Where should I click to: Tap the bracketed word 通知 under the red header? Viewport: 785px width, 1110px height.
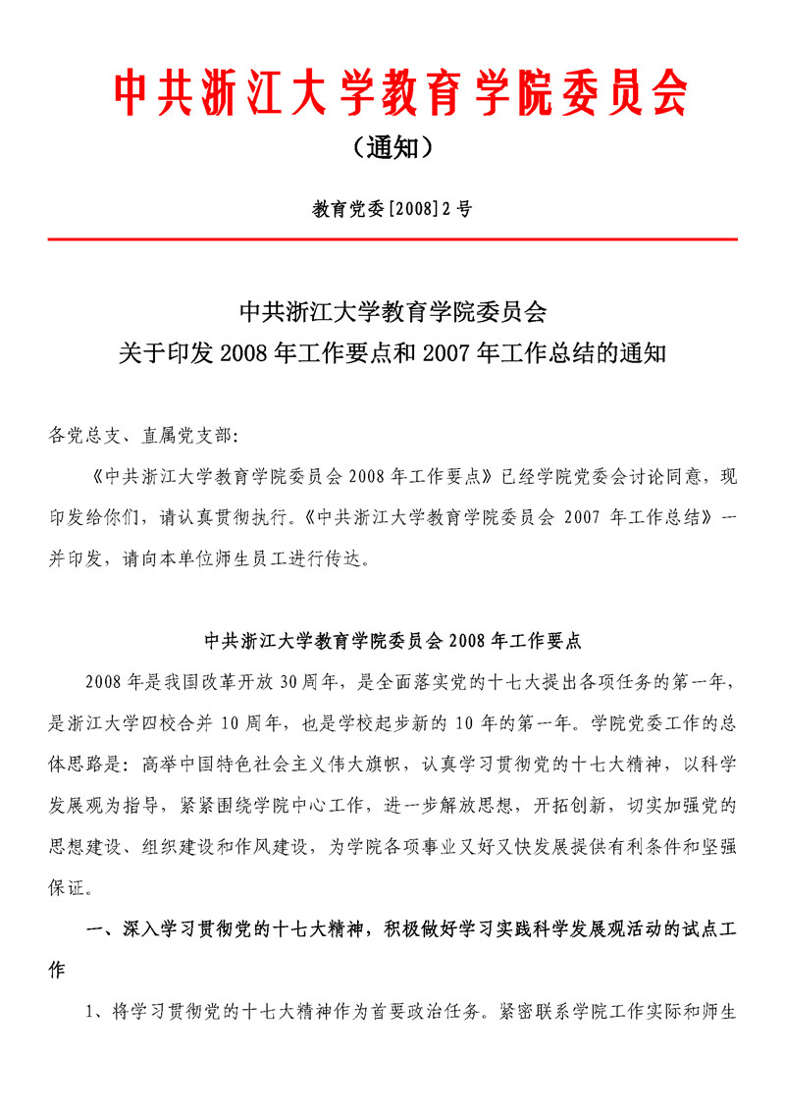coord(392,148)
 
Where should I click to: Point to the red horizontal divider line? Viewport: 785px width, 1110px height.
coord(392,238)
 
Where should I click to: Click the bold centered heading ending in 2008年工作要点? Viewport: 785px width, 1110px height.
coord(392,642)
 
